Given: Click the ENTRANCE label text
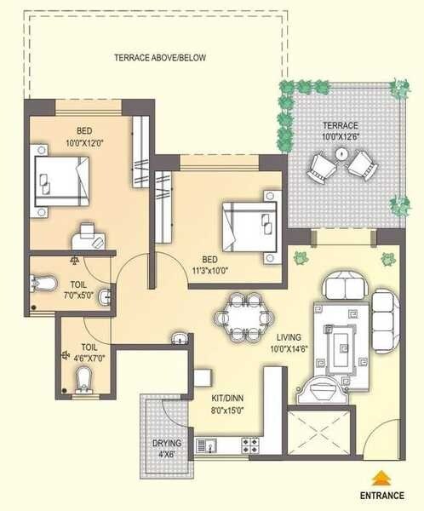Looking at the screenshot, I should [x=382, y=493].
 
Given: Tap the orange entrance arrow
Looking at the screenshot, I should [x=382, y=477].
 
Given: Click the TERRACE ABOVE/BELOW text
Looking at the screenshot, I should [x=160, y=58].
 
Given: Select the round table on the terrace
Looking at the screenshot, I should [x=341, y=155].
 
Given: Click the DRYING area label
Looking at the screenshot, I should [x=167, y=444].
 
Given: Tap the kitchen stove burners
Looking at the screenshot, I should [x=250, y=444].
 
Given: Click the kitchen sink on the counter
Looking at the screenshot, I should [x=207, y=444].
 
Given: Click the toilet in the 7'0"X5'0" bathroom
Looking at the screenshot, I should [x=44, y=284].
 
